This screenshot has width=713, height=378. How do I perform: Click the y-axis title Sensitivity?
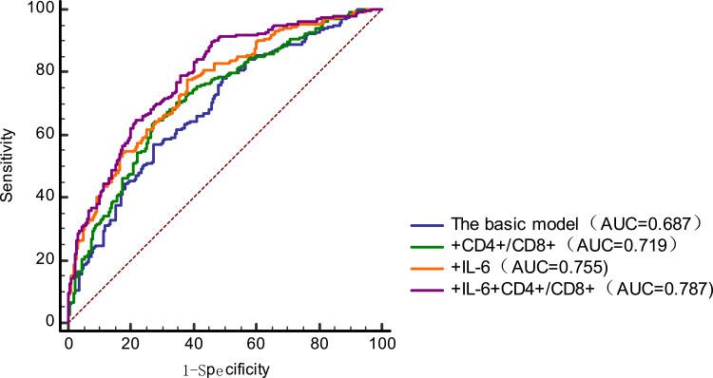(9, 166)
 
